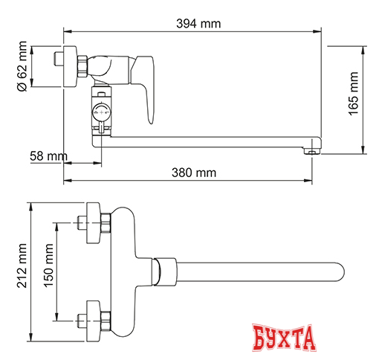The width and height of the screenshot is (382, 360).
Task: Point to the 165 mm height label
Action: (x=353, y=96)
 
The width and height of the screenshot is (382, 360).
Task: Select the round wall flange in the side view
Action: (x=74, y=67)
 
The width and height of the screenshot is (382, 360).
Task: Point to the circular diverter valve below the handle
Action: (x=100, y=113)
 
